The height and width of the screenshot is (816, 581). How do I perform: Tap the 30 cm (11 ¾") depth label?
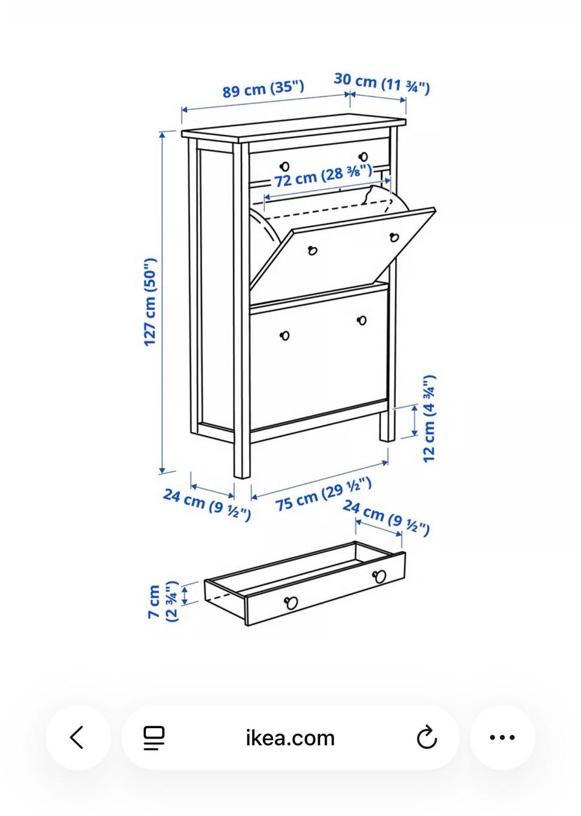pos(382,84)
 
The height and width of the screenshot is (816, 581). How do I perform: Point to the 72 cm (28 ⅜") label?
pos(323,175)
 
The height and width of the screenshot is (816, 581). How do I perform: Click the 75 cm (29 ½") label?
pos(323,494)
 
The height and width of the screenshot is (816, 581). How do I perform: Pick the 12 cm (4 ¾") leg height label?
pos(429,418)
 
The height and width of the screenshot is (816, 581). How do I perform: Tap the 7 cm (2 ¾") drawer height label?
pos(162,602)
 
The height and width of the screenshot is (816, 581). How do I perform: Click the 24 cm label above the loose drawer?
pos(386,518)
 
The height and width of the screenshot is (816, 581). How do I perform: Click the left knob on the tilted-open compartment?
pos(312,251)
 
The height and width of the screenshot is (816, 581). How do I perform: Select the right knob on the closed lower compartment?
pos(362,321)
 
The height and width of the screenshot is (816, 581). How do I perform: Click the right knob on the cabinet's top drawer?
pos(363,157)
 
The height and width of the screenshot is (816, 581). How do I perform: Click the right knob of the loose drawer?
pos(379,576)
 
